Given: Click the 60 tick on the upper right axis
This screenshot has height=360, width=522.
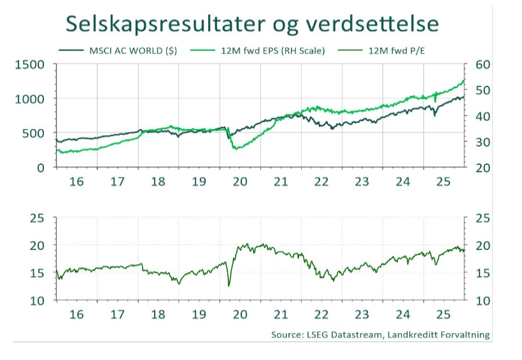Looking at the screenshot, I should (480, 64).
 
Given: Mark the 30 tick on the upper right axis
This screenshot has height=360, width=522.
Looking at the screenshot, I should (480, 142).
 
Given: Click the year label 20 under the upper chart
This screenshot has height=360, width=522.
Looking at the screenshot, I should (239, 181).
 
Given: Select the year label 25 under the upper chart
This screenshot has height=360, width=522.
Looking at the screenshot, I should (442, 181).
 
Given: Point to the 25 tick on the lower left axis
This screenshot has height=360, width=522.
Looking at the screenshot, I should (38, 218).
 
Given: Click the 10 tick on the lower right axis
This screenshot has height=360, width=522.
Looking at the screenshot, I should (480, 300).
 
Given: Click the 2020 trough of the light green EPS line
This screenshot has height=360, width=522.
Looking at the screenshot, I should (236, 149).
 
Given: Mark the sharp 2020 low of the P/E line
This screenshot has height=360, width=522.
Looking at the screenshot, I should (229, 286).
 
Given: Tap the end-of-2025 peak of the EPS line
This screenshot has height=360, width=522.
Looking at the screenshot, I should (463, 80).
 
